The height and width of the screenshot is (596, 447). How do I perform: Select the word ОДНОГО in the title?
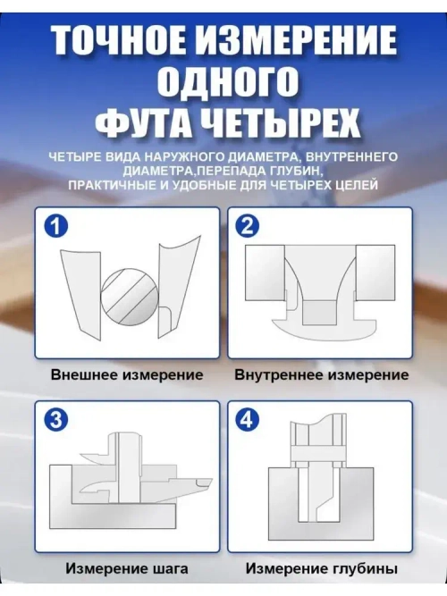tap(223, 82)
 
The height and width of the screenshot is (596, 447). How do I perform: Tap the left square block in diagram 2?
tap(266, 272)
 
